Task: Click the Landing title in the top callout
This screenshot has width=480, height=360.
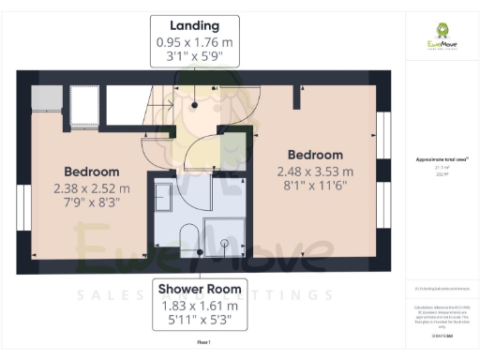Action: point(194,25)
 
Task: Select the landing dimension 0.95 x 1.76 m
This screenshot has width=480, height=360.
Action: point(194,42)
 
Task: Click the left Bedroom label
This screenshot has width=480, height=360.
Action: point(91,172)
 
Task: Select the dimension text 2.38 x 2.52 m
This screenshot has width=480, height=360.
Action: point(91,188)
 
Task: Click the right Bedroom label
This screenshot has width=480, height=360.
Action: point(315,155)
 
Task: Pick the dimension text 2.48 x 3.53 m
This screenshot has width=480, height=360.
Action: point(315,172)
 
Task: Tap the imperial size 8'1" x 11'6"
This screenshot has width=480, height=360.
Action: point(315,187)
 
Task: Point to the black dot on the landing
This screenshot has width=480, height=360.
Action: point(194,105)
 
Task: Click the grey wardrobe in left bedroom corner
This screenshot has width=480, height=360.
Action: point(48,97)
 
